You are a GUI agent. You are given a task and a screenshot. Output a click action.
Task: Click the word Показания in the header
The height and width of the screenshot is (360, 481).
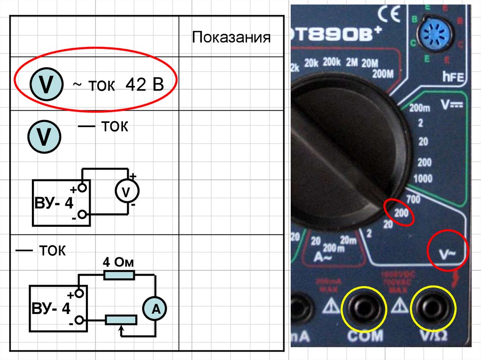tap(231, 38)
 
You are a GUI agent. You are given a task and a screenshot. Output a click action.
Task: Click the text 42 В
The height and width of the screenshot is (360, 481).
tap(144, 85)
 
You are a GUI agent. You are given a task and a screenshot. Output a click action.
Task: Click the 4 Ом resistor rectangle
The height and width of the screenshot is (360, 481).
tap(119, 275)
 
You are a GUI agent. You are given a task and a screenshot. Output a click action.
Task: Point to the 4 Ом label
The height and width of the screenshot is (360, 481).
tap(118, 261)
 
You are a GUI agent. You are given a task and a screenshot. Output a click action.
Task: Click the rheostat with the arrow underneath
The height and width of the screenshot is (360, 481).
tap(121, 320)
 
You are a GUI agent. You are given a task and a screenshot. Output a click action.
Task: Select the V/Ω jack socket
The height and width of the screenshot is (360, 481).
tap(433, 309)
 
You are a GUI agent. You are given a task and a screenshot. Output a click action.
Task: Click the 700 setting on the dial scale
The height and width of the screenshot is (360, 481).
tap(413, 199)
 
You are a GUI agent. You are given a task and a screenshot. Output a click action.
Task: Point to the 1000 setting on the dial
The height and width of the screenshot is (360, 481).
tap(424, 178)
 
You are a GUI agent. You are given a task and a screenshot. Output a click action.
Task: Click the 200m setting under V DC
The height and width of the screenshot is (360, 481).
tap(420, 108)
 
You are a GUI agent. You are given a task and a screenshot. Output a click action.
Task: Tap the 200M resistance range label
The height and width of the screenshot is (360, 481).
tap(383, 74)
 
